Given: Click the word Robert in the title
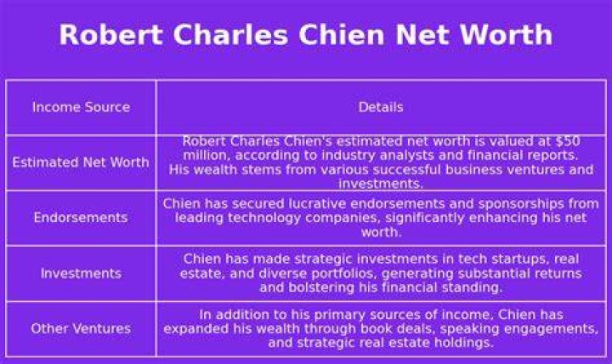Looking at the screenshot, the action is point(110,34).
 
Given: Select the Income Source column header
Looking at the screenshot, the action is point(82,107).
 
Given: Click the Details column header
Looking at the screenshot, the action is point(381,107).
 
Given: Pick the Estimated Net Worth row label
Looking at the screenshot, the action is point(81,162).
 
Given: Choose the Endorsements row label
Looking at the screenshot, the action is point(81,217).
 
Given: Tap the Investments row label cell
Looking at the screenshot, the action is point(82,273).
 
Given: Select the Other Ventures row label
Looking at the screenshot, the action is point(81,328).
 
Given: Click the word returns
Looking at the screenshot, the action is point(558,273).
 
